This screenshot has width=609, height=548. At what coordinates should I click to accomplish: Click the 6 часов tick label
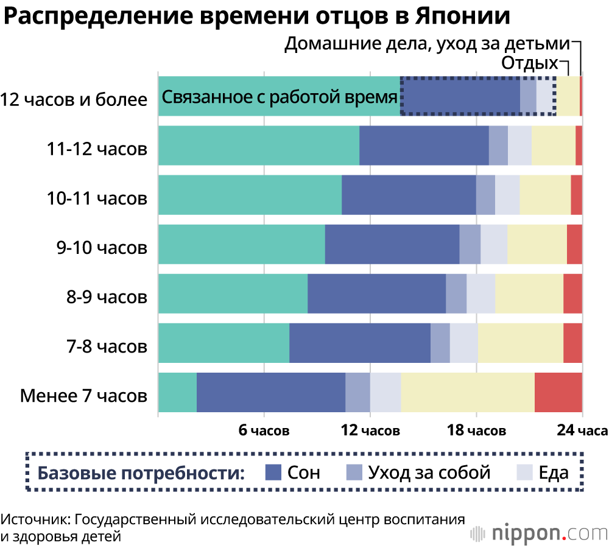click(264, 431)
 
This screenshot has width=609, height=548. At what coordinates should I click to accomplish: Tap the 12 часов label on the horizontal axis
click(370, 431)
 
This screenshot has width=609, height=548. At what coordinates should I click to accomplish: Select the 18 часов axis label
click(476, 431)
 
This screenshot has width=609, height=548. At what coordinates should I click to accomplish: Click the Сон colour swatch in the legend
click(273, 472)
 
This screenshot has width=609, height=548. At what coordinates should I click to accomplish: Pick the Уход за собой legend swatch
click(354, 472)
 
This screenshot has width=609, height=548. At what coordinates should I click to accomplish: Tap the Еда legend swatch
click(524, 472)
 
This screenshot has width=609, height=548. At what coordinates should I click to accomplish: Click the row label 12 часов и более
click(74, 99)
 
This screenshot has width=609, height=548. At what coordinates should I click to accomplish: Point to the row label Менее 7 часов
click(83, 396)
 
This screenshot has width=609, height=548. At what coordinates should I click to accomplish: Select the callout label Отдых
click(529, 64)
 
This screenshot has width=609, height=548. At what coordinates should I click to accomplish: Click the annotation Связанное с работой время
click(279, 97)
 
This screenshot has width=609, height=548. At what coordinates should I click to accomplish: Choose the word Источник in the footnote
click(35, 521)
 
